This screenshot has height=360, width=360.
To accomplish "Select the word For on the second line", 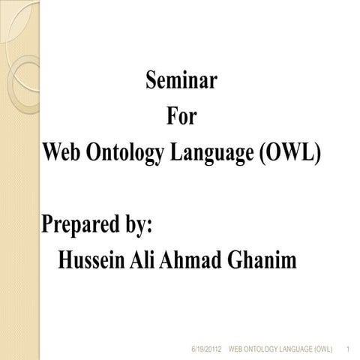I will tap(180, 117).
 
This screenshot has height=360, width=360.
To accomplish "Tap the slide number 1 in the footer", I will tap(350, 350).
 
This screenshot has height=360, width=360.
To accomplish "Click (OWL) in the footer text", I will tap(327, 350).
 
